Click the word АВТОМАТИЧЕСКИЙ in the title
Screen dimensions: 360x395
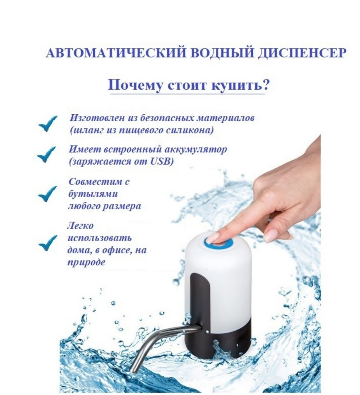(x=116, y=53)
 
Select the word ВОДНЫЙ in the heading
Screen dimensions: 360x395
(x=222, y=53)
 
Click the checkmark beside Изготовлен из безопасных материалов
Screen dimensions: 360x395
(x=47, y=123)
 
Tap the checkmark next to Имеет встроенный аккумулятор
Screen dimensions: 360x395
(x=46, y=155)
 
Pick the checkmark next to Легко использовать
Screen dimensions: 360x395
(x=48, y=243)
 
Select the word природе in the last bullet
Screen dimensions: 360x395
(x=86, y=262)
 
